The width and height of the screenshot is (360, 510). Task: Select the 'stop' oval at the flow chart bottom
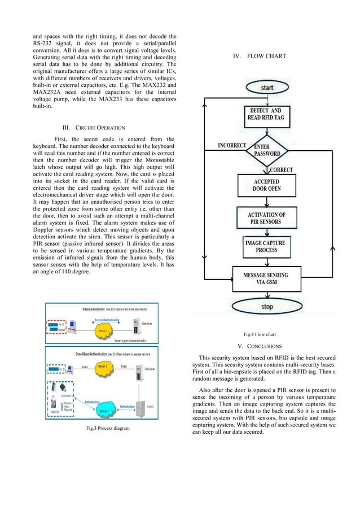(x=267, y=307)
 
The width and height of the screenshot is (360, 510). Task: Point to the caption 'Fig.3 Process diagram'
(x=107, y=429)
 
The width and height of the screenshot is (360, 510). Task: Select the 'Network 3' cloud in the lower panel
(x=104, y=369)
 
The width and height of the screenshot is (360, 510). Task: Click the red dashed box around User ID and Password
(x=57, y=327)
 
